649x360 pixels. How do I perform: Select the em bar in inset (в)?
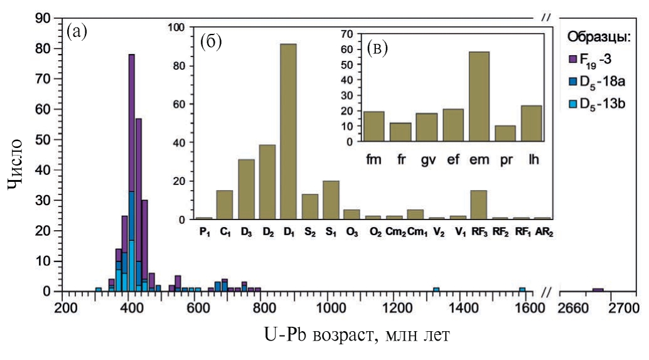click(x=479, y=97)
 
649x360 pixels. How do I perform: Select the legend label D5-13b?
click(x=603, y=102)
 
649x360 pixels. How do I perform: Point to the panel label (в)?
click(x=377, y=47)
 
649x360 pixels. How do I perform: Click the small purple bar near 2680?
click(x=598, y=290)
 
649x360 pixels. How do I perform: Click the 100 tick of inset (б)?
click(x=180, y=28)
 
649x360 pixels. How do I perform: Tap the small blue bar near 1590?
click(x=522, y=290)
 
